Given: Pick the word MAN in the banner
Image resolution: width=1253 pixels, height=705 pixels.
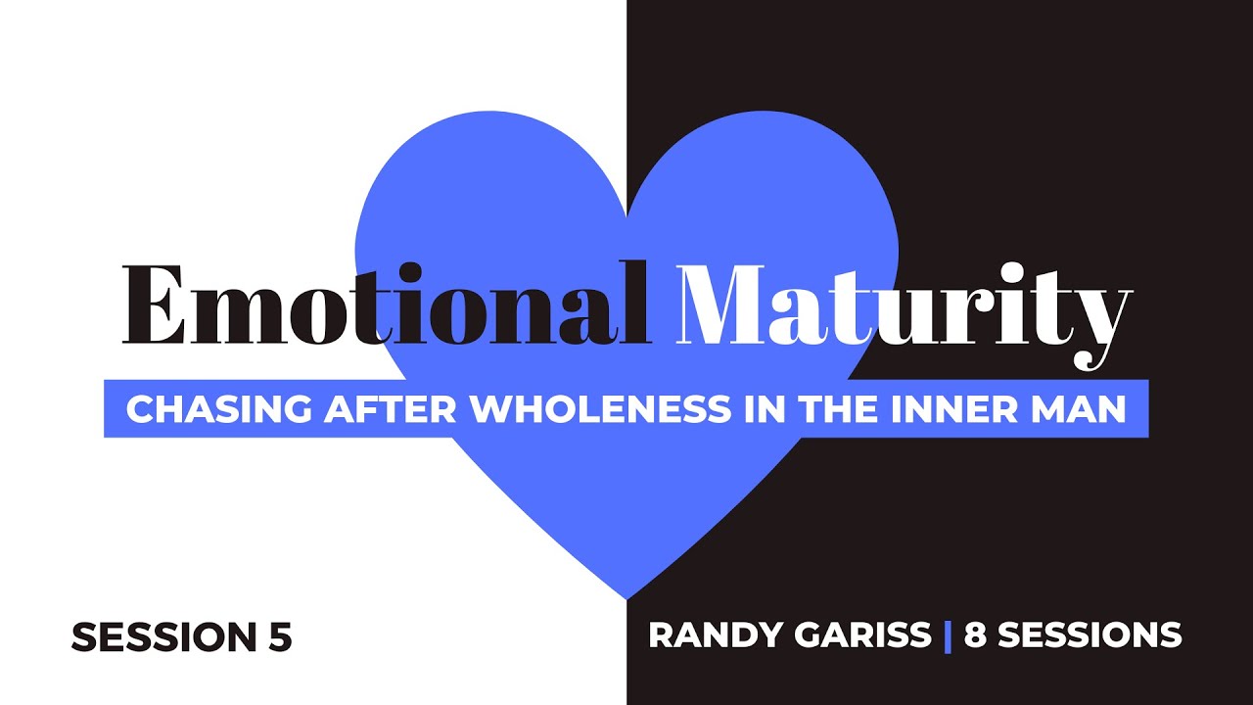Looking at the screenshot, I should click(1081, 409).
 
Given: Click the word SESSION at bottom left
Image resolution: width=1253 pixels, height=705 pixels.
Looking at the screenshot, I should click(162, 637).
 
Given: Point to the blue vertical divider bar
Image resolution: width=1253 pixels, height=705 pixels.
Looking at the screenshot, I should click(948, 635).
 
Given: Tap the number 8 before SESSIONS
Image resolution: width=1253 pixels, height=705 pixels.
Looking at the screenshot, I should click(976, 635).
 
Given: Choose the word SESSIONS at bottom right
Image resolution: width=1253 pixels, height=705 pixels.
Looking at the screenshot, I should click(1090, 635).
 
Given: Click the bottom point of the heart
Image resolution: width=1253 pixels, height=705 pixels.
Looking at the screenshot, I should click(626, 596).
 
